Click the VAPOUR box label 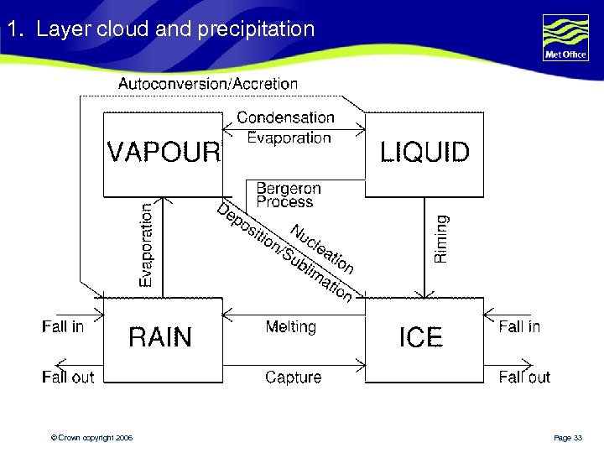pyautogui.click(x=164, y=153)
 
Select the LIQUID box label pyautogui.click(x=424, y=153)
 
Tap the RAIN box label pyautogui.click(x=160, y=337)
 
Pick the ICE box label pyautogui.click(x=420, y=337)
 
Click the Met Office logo pyautogui.click(x=565, y=38)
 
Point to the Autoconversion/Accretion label pyautogui.click(x=208, y=84)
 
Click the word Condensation pyautogui.click(x=285, y=118)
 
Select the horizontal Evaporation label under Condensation pyautogui.click(x=289, y=138)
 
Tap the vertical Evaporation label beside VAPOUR pyautogui.click(x=147, y=245)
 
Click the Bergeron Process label pyautogui.click(x=288, y=195)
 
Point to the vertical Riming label pyautogui.click(x=441, y=239)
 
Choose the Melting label pyautogui.click(x=290, y=326)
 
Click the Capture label pyautogui.click(x=293, y=377)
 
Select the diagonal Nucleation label pyautogui.click(x=322, y=249)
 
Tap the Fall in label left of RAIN pyautogui.click(x=63, y=326)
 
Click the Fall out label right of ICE pyautogui.click(x=524, y=377)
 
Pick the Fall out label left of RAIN pyautogui.click(x=68, y=377)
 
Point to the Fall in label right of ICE pyautogui.click(x=519, y=326)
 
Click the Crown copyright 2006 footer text pyautogui.click(x=91, y=438)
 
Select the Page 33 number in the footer pyautogui.click(x=568, y=438)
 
